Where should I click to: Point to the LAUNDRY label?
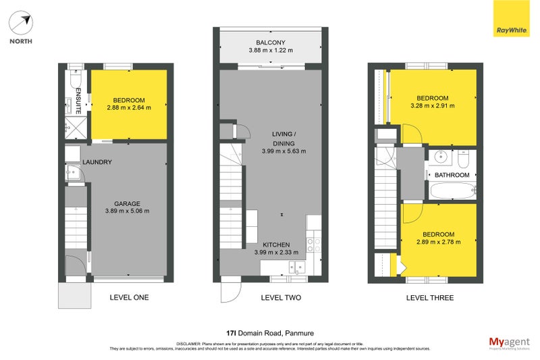coord(97,162)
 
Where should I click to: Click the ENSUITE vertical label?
coord(78,100)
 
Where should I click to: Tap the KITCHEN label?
coord(276,245)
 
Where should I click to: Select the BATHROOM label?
coord(452,175)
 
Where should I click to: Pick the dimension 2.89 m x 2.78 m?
coord(438,241)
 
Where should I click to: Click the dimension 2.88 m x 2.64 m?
coord(129,107)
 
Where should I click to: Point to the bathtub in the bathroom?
coord(452,192)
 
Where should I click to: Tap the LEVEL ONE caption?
coord(129,298)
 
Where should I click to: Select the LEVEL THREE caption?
coord(429,298)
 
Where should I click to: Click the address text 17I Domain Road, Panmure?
coord(269,332)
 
